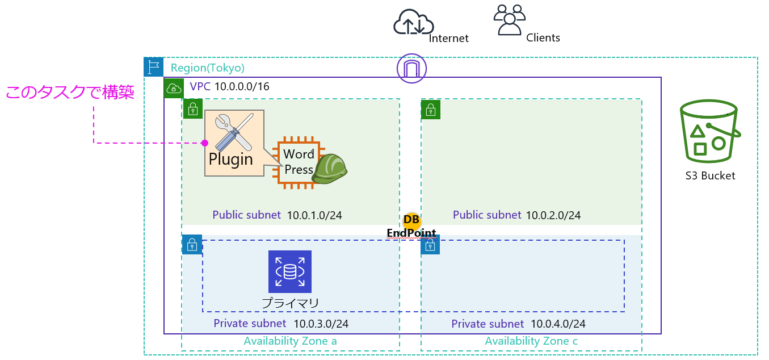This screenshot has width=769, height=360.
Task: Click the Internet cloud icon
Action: click(413, 23)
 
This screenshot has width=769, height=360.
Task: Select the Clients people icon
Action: click(510, 20)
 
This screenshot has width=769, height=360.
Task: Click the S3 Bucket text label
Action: click(710, 175)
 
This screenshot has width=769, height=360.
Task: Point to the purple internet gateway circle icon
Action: click(412, 69)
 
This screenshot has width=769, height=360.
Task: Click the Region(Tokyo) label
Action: click(208, 68)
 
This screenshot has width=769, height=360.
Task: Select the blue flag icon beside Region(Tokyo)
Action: click(153, 67)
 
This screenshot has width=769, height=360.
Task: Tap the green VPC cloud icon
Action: click(174, 88)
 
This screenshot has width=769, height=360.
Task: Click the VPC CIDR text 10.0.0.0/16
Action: click(241, 87)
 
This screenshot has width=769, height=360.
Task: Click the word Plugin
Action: click(230, 159)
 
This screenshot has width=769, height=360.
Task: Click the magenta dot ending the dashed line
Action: click(205, 143)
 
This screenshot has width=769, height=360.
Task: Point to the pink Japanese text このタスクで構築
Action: click(70, 93)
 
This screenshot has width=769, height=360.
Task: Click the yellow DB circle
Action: click(411, 220)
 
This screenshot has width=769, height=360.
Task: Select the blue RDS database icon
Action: click(290, 271)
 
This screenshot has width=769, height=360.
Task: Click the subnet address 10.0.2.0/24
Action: click(553, 216)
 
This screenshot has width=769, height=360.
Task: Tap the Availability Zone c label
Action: click(531, 341)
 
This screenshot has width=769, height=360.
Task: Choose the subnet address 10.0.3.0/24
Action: click(321, 324)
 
